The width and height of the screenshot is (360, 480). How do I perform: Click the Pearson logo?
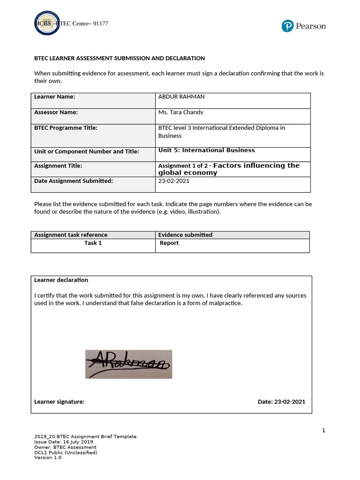click(304, 26)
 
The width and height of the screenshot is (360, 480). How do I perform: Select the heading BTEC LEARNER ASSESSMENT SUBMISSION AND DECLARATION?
click(120, 58)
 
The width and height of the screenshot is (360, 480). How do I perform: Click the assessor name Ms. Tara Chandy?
click(180, 112)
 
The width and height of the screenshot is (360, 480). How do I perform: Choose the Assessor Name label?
click(56, 112)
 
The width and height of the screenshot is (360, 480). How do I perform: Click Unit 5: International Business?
click(206, 150)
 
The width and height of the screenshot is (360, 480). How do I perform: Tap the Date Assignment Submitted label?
click(74, 181)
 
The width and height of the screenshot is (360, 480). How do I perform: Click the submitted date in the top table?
click(174, 181)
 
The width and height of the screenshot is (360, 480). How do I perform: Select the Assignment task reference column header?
click(71, 235)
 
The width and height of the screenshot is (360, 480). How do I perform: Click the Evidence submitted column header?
click(185, 235)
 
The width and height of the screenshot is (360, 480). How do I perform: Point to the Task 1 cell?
click(93, 243)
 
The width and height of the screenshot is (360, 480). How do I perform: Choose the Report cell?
click(169, 243)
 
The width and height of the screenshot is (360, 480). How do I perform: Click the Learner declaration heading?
click(61, 280)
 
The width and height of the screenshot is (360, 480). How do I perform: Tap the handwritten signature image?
click(128, 364)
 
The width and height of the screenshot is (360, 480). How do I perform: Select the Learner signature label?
click(60, 402)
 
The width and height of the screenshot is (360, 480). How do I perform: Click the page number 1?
click(323, 431)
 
